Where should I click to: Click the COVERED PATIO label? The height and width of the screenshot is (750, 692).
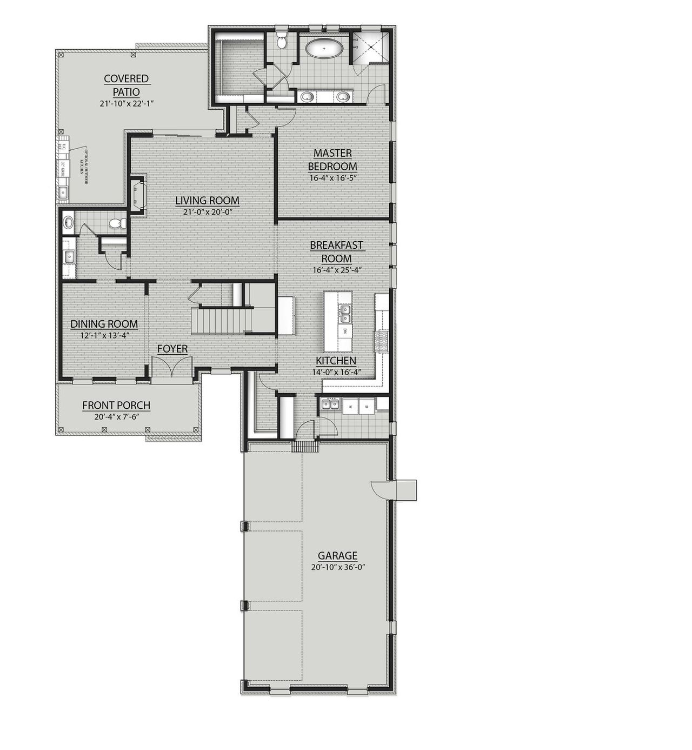(127, 85)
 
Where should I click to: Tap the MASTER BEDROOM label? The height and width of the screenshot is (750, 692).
(332, 160)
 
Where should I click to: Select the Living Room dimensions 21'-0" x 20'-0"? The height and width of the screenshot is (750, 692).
(207, 212)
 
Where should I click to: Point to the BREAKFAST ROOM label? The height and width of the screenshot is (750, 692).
(336, 251)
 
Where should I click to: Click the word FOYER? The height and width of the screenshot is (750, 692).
(172, 349)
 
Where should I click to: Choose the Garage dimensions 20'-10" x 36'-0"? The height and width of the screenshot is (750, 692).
(337, 567)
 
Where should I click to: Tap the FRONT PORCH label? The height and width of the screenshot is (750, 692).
(116, 405)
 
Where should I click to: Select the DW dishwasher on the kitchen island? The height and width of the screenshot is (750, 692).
(344, 330)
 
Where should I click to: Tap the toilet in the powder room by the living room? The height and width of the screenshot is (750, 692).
(117, 223)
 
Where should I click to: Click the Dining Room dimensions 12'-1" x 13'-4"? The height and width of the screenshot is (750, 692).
(104, 335)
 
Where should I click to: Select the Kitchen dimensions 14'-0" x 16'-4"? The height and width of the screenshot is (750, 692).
(336, 371)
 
